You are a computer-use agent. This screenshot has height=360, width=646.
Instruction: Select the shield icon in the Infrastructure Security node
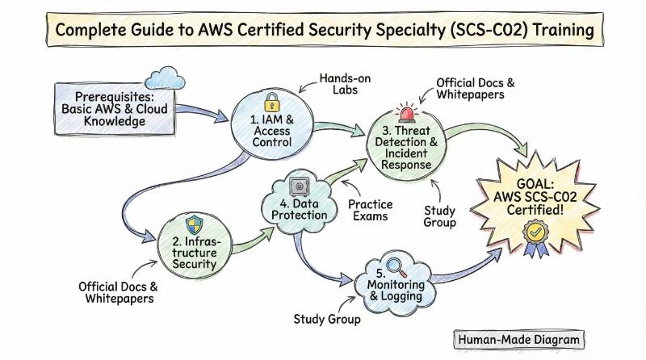tap(195, 225)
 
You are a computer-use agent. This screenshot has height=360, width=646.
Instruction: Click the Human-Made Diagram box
tap(517, 340)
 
